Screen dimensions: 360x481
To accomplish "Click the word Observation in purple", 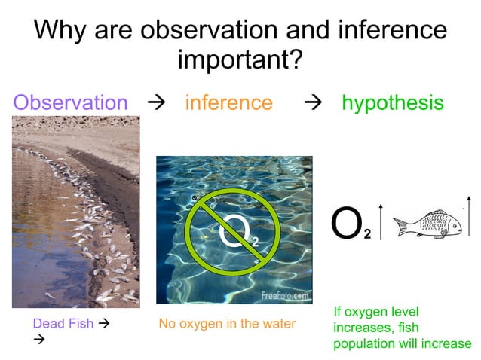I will tap(71, 102).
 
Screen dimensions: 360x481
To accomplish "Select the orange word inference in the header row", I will tap(228, 102).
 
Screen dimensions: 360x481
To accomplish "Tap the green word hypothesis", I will tap(393, 102).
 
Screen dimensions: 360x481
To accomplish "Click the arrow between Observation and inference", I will tap(158, 103).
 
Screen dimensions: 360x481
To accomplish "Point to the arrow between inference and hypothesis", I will tap(309, 103).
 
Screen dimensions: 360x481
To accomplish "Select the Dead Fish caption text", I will tap(63, 324).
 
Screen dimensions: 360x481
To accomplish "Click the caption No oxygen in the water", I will tap(227, 324).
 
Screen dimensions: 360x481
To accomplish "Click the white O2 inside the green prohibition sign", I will tap(237, 233).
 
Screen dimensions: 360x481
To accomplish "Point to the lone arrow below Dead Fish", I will tap(40, 340).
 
